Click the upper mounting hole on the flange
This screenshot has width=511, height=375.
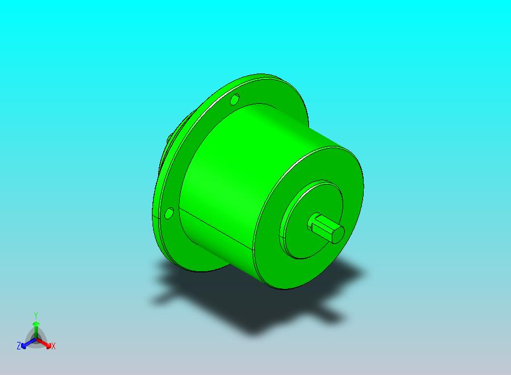pos(234,99)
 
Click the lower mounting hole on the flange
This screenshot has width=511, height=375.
pos(169,214)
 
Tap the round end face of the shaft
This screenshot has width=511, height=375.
pos(338,235)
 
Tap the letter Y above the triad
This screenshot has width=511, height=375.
pos(36,316)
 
